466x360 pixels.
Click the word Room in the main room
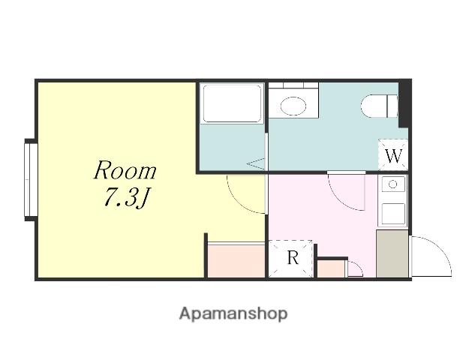click(x=125, y=170)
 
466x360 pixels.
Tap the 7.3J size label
click(x=126, y=197)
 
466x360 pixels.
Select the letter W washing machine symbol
click(x=393, y=156)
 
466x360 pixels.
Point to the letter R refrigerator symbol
click(x=293, y=258)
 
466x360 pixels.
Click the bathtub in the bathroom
click(x=232, y=103)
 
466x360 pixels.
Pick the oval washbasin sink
click(x=293, y=106)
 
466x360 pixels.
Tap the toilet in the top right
click(x=380, y=106)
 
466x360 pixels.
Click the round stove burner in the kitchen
click(x=393, y=184)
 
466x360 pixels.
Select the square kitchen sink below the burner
click(x=393, y=214)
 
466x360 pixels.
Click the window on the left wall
click(x=31, y=180)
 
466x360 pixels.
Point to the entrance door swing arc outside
click(x=437, y=250)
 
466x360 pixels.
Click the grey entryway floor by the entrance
click(x=392, y=253)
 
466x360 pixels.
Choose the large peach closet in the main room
click(x=236, y=261)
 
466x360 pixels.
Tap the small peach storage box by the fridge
click(x=332, y=268)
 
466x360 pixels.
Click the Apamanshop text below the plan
click(x=233, y=314)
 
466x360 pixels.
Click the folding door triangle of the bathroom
click(x=256, y=164)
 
